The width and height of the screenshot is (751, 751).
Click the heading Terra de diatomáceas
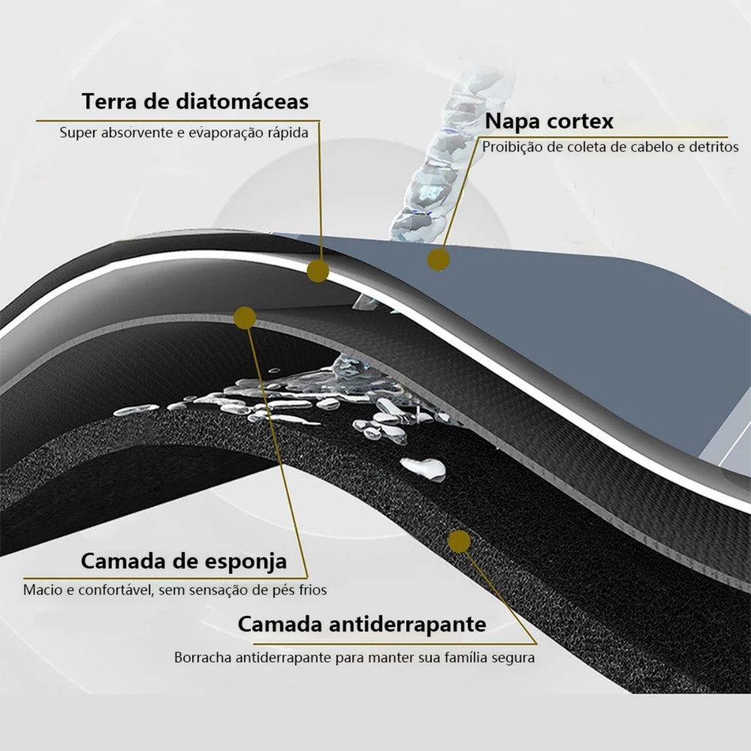(195, 101)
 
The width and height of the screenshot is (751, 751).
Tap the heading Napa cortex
(549, 120)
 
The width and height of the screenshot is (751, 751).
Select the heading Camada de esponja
(183, 562)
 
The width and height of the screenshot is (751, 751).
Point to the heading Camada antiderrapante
(362, 624)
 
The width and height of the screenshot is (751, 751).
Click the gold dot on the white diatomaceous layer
(318, 271)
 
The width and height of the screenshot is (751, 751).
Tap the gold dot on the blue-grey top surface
(439, 259)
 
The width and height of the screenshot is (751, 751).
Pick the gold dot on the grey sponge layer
(245, 318)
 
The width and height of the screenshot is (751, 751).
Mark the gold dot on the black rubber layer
(459, 541)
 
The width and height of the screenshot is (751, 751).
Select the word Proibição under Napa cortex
(511, 147)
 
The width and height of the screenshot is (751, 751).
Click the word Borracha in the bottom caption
(202, 658)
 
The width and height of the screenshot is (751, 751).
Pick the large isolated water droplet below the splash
(423, 468)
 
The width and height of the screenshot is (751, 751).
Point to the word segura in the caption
(514, 658)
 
